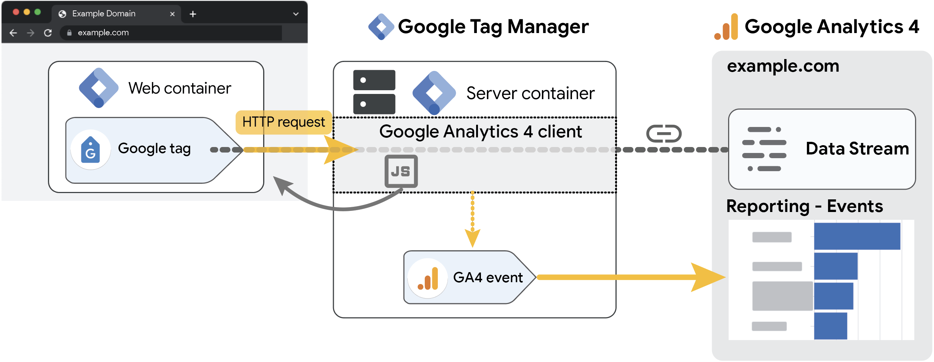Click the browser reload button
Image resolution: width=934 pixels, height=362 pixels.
pos(48,33)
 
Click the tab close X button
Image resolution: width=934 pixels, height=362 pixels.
pos(172,14)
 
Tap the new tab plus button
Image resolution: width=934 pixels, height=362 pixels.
pos(193,14)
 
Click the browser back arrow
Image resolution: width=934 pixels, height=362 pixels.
pos(13,33)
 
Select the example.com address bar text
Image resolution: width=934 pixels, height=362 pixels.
pos(103,33)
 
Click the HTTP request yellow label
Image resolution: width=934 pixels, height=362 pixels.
pos(283,122)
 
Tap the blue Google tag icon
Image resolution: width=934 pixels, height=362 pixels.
pos(90,150)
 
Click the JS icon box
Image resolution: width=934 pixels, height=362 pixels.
pos(401,171)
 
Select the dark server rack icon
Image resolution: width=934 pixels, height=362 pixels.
pos(374,92)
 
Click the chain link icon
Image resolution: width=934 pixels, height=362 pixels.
pos(664,134)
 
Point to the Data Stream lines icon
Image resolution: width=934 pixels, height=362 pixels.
pos(764,149)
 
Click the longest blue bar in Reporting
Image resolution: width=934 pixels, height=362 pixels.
pos(857,236)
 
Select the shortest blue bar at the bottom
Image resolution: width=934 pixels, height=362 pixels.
pos(830,326)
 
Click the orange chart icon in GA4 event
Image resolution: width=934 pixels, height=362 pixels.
pos(428,278)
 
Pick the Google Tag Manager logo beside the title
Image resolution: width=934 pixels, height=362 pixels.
pos(381,27)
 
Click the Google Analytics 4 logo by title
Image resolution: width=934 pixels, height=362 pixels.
pos(727,27)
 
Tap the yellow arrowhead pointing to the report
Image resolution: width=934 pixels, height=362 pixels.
pos(706,277)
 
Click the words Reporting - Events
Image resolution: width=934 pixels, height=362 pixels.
pos(804,206)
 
